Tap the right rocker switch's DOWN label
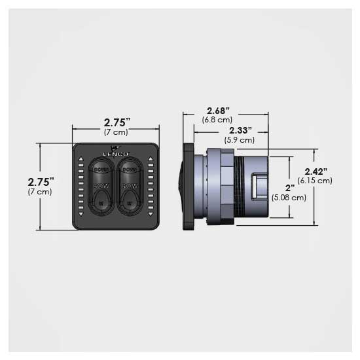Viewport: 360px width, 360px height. click(x=129, y=170)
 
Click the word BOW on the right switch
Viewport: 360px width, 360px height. click(x=129, y=187)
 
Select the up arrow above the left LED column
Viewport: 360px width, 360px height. click(x=80, y=159)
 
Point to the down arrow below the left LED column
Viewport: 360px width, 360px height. click(x=80, y=214)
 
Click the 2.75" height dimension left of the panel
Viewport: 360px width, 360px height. click(x=40, y=181)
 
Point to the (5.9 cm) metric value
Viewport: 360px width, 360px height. click(x=240, y=140)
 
